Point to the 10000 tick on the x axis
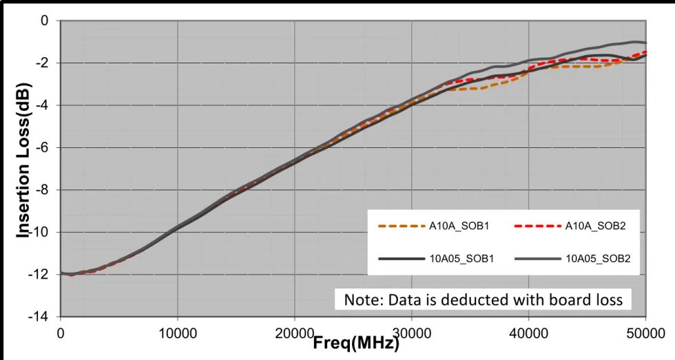pos(178,332)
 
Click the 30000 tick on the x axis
pos(412,332)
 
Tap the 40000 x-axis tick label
pos(528,332)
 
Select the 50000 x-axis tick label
pos(645,332)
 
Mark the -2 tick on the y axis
pos(43,63)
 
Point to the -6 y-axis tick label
pos(43,148)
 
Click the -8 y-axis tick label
pos(43,190)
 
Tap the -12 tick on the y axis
pos(41,275)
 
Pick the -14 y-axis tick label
pos(41,317)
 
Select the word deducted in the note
pos(469,300)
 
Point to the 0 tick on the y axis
pos(45,21)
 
